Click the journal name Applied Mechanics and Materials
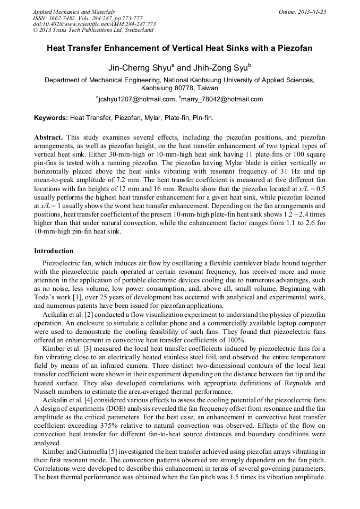73,12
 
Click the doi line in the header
94,24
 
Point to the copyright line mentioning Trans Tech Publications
93,30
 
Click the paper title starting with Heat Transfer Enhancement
179,48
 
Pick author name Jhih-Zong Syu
218,68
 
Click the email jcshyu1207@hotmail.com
137,99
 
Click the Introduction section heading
54,251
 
